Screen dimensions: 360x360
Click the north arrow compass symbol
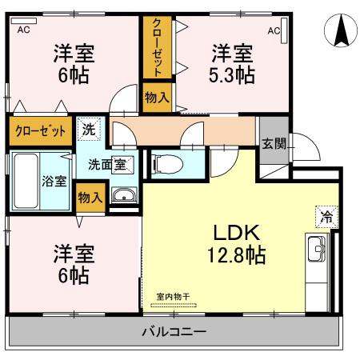click(339, 31)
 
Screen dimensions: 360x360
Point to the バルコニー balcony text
click(174, 331)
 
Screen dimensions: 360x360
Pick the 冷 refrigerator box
click(326, 215)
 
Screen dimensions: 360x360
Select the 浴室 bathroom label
click(53, 180)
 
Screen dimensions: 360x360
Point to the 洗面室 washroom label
click(106, 164)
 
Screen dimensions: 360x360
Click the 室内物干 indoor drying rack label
click(172, 298)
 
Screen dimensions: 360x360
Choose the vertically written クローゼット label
click(157, 47)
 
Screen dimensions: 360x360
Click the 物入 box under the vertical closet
click(157, 98)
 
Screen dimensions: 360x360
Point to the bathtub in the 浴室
click(25, 181)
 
